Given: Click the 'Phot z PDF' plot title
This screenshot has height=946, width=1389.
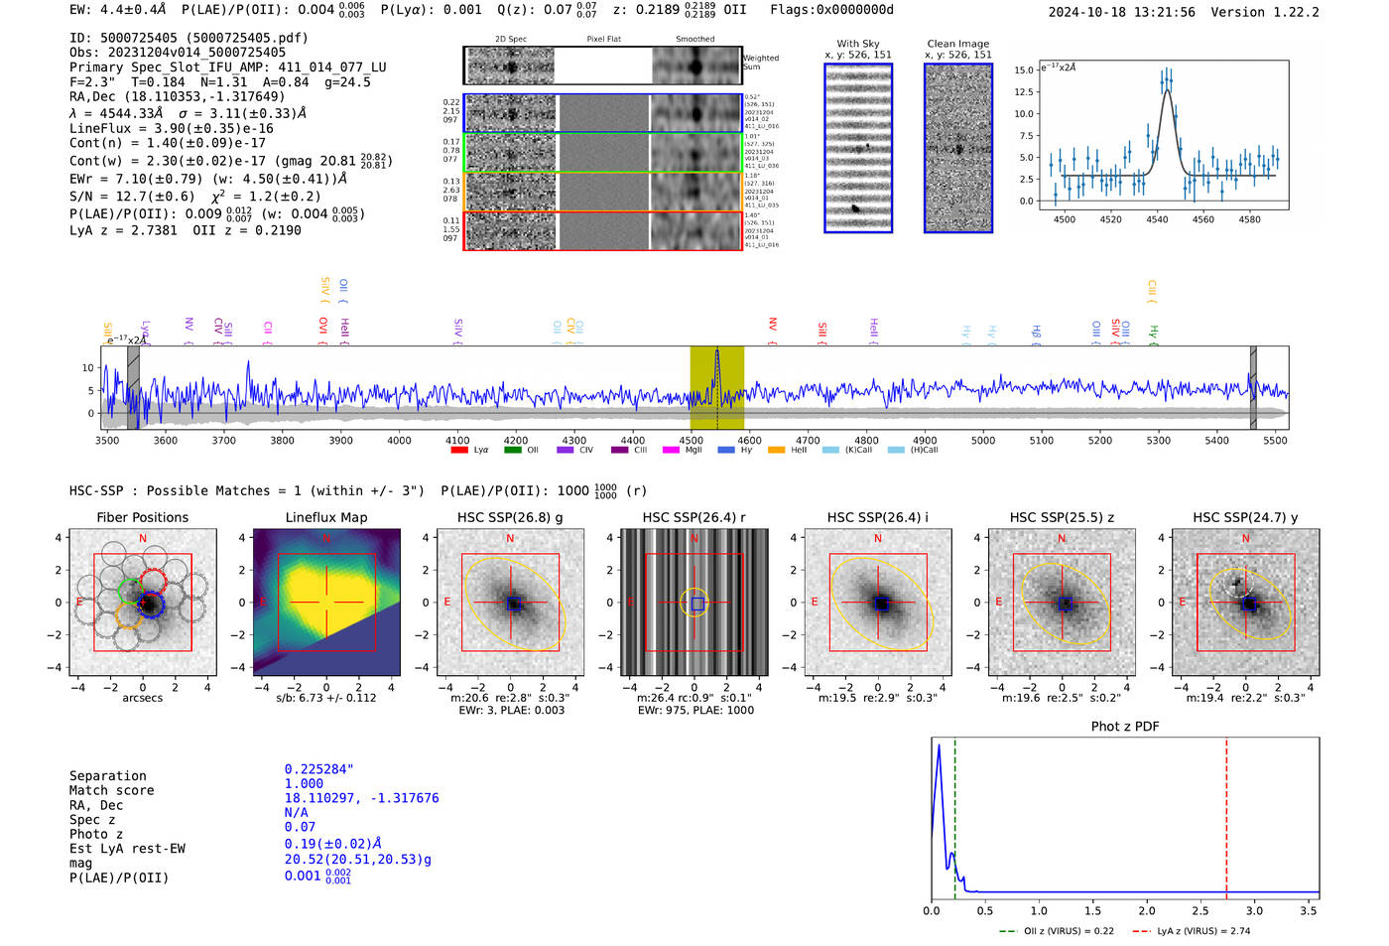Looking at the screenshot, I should point(1125,727).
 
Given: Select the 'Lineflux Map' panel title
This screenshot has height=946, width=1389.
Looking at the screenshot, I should point(325,517).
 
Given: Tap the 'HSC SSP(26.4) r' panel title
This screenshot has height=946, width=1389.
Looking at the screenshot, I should point(694,517).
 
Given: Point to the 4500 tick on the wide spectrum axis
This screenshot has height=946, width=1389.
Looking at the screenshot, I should point(691,440).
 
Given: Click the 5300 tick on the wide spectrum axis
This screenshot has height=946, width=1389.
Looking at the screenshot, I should point(1158,440).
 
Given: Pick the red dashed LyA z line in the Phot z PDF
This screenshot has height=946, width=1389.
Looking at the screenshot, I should point(1226,814).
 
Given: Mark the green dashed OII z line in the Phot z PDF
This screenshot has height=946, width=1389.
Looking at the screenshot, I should point(954,814).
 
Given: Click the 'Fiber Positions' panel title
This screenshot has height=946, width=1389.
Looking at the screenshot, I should point(142,517).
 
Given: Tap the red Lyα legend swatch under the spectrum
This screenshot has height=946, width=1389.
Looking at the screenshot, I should point(459,451).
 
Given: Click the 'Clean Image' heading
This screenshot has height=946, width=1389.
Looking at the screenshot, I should point(957,44).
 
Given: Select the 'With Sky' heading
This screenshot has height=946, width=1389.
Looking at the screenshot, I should point(857,44).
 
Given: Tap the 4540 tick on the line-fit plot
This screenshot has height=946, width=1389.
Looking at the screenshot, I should point(1157,219).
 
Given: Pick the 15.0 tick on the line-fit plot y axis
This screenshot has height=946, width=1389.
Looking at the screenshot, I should point(1022,69).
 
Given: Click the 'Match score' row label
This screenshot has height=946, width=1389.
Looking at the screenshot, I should point(111,791).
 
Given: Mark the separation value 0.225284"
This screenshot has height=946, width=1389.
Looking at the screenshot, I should point(318,769).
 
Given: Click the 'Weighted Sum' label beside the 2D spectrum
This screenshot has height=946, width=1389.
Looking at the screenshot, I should point(760,63).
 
